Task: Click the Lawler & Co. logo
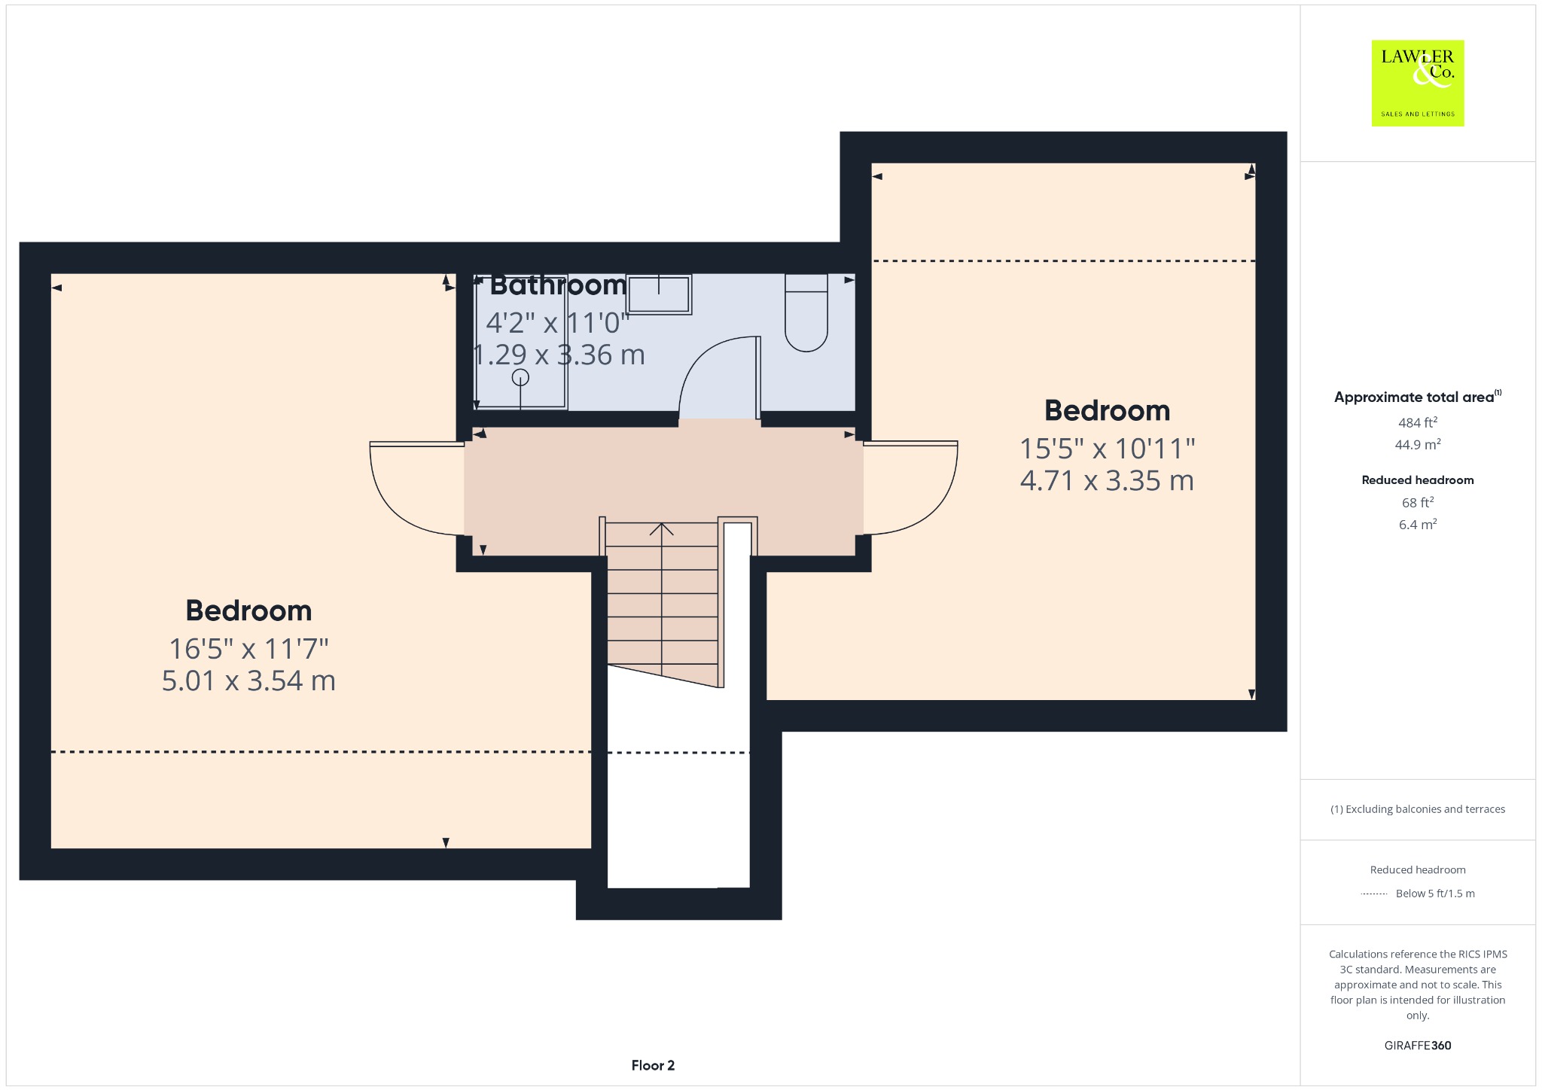coord(1417,83)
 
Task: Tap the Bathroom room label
coord(558,285)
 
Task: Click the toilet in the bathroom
coord(806,312)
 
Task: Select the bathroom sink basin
coord(659,294)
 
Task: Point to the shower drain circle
coord(520,377)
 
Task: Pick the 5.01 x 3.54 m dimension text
coord(248,680)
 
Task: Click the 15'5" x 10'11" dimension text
coord(1107,449)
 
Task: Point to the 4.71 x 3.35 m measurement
coord(1107,480)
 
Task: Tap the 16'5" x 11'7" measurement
coord(248,648)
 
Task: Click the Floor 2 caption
coord(653,1065)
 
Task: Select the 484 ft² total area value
coord(1418,422)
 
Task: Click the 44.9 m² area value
coord(1418,444)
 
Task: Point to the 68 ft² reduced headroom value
coord(1418,502)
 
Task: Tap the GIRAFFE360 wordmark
coord(1418,1045)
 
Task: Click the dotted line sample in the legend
coord(1374,894)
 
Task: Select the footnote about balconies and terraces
coord(1418,809)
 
